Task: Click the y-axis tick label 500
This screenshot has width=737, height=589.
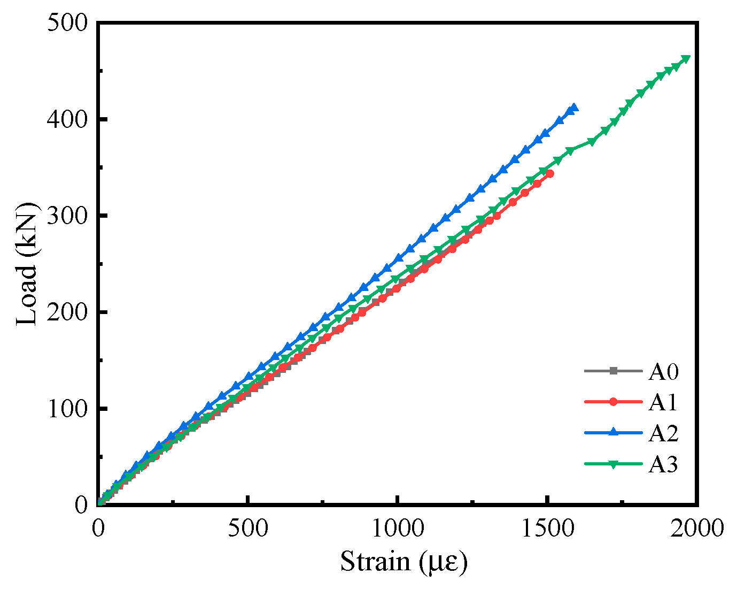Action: point(67,24)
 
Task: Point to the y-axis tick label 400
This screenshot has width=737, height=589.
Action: point(67,119)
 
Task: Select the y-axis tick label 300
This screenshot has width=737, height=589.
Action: point(67,216)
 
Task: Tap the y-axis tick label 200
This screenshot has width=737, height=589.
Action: point(67,312)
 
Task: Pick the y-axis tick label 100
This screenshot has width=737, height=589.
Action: point(67,408)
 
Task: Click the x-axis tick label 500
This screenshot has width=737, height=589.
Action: point(247,529)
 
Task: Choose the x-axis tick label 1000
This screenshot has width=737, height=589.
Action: point(397,529)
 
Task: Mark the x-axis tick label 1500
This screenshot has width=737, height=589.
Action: point(547,529)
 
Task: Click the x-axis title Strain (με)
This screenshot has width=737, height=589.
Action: point(404,562)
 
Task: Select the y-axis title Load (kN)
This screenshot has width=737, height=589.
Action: point(27,264)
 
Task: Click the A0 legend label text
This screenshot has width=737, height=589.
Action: point(663,371)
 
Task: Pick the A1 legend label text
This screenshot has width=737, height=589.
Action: point(663,402)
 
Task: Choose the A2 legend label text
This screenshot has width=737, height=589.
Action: point(663,433)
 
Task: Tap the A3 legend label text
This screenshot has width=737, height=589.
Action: point(663,464)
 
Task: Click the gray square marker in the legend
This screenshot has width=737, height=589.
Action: point(614,371)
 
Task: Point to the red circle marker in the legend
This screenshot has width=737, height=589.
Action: point(614,402)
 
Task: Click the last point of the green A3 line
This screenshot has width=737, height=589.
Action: point(686,59)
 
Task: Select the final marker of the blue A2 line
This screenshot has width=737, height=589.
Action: point(574,108)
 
